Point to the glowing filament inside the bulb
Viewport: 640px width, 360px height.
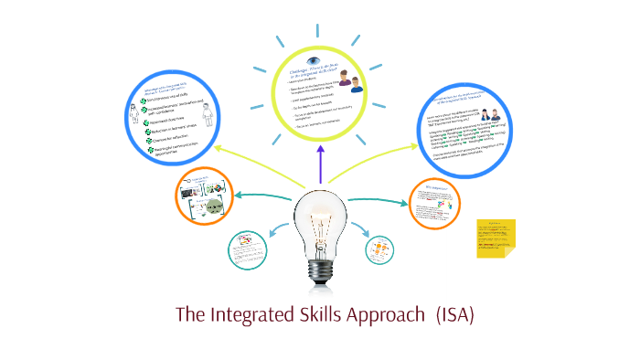320,219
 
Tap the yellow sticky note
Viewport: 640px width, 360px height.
496,238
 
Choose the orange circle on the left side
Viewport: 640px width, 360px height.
208,196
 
